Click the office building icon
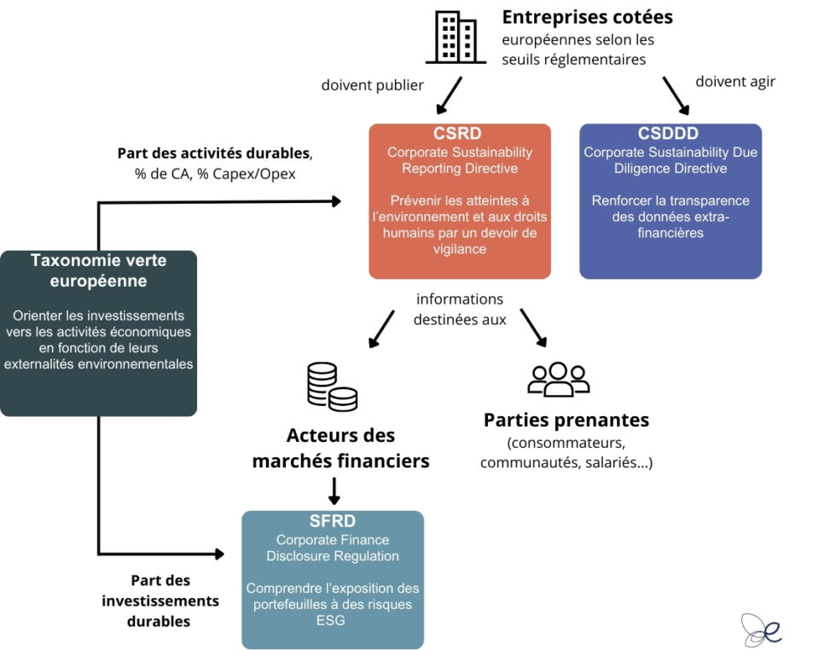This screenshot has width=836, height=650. coord(456,38)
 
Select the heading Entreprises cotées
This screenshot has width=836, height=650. coord(587,17)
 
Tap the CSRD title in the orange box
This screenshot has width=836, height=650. coord(459,134)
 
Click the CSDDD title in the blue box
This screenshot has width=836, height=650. coord(670,134)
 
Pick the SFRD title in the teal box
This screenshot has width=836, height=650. coord(333,521)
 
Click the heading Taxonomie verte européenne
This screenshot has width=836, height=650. coord(98,270)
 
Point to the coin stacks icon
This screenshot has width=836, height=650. coord(332,386)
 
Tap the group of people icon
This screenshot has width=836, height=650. coord(558,379)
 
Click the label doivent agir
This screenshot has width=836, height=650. coord(735,82)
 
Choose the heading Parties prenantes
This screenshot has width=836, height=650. coord(566,420)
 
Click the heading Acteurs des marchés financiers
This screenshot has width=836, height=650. coord(340,448)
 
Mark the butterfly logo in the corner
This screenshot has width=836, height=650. coord(761,630)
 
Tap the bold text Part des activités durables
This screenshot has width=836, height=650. coord(214,154)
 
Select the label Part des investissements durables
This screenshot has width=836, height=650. coord(160,601)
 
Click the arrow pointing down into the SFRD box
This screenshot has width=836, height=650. coord(334,491)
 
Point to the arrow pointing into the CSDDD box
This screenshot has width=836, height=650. coord(676,95)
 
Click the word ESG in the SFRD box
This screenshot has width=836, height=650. coord(332,620)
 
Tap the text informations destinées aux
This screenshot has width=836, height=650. coord(460,310)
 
